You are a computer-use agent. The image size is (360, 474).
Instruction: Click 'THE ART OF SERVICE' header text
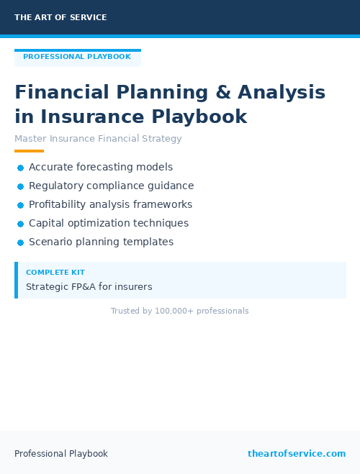click(60, 17)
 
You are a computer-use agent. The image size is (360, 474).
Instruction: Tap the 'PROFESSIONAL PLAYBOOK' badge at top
click(77, 57)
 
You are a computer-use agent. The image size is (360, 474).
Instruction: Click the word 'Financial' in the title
click(62, 93)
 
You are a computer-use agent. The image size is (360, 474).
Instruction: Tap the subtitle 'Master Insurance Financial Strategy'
click(98, 139)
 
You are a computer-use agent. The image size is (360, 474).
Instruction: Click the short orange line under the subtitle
click(29, 151)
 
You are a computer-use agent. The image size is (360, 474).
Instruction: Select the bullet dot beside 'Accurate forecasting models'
click(21, 168)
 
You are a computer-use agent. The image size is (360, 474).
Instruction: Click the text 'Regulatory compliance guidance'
click(111, 186)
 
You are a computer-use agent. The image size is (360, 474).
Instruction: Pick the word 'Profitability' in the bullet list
click(59, 204)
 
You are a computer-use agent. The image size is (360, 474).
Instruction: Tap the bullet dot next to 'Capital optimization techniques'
click(21, 224)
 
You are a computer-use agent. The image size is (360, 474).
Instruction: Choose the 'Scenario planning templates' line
click(101, 242)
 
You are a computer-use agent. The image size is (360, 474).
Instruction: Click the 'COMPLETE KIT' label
click(55, 273)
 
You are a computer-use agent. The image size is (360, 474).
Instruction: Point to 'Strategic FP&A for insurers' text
click(89, 286)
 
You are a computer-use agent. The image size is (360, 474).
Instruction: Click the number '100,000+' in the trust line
click(172, 311)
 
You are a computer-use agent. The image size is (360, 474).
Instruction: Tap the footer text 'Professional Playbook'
click(61, 454)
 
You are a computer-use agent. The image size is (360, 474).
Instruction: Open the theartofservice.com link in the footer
click(297, 454)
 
